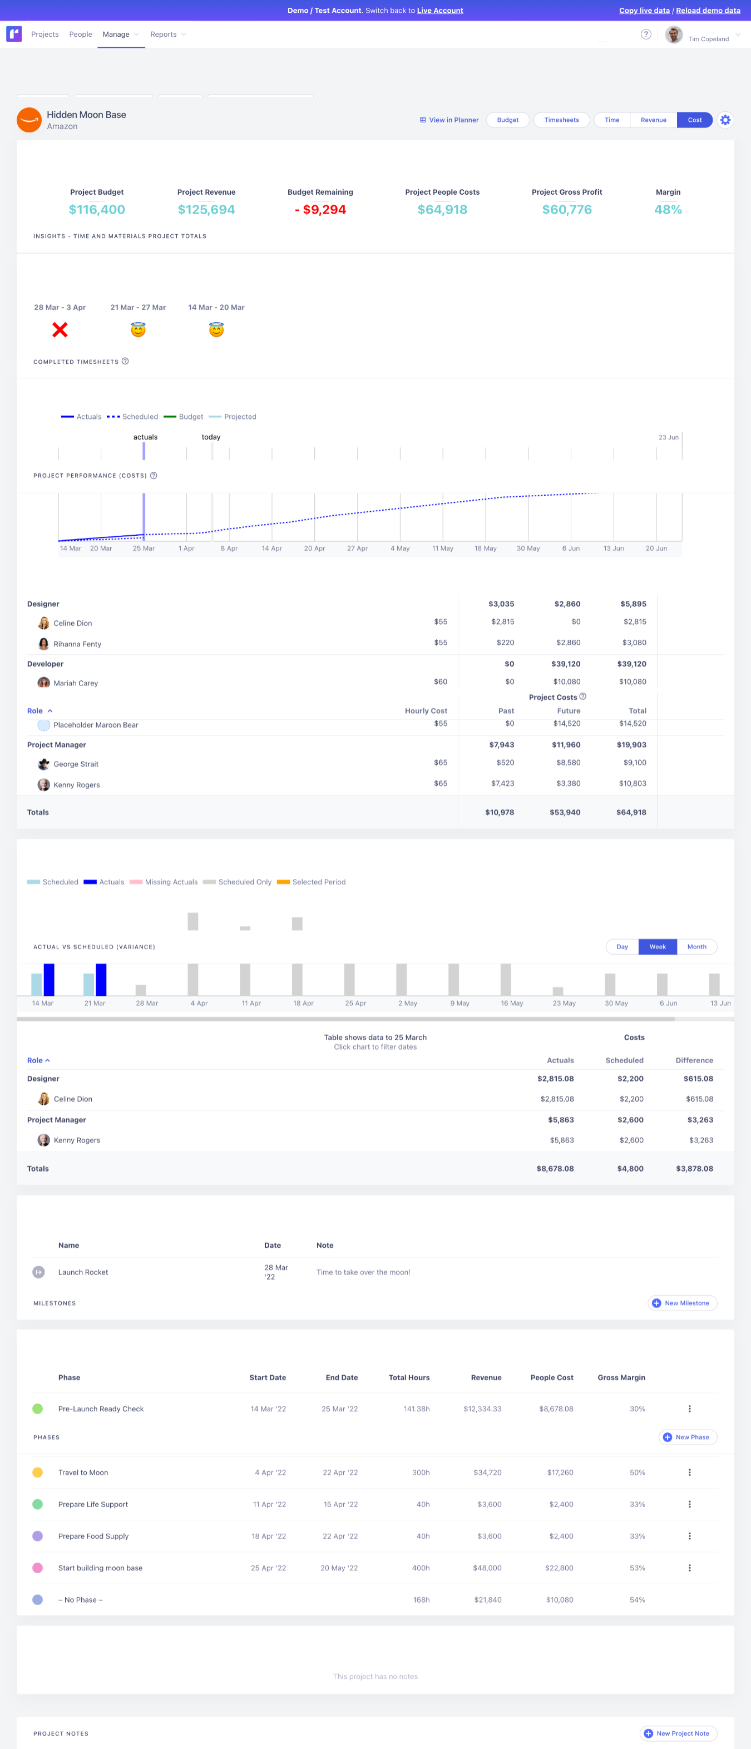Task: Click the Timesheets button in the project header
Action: pos(561,120)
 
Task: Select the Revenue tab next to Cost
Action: pos(653,120)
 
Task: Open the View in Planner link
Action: pos(449,120)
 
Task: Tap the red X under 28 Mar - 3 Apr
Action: pos(60,330)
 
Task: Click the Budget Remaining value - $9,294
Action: pos(320,210)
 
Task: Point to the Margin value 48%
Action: pos(667,210)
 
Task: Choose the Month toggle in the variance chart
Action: pos(696,946)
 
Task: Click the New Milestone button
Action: pos(681,1303)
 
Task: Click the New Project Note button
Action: pos(677,1733)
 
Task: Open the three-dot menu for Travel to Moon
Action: pos(689,1472)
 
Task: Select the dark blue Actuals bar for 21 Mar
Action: pos(101,980)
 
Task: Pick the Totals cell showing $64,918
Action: pos(631,812)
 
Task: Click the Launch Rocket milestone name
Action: pos(83,1272)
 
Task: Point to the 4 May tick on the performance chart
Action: pos(400,547)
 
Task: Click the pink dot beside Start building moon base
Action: pos(37,1568)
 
